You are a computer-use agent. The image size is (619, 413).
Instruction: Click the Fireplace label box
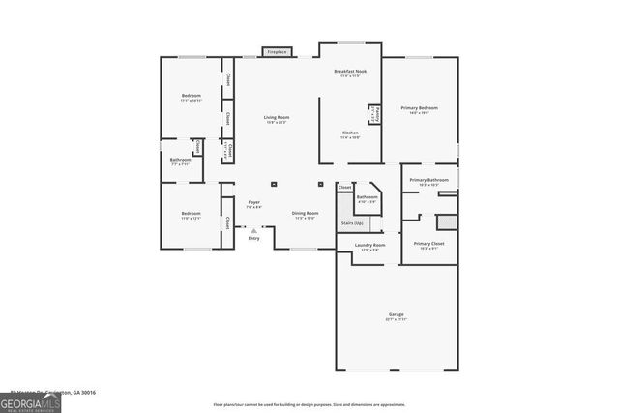(278, 51)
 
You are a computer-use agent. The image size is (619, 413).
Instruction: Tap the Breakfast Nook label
(350, 72)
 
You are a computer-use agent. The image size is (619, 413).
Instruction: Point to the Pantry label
(377, 114)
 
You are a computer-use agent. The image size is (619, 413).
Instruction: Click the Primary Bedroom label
(422, 108)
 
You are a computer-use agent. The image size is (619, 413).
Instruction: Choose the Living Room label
(278, 118)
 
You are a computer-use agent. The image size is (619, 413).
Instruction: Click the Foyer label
(253, 202)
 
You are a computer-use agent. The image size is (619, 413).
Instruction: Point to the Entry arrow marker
(253, 231)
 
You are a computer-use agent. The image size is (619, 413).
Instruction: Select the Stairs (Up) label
(353, 223)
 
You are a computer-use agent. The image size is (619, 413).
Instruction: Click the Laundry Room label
(369, 245)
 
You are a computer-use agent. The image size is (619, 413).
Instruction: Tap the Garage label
(397, 315)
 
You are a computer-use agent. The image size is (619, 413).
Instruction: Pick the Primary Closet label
(428, 244)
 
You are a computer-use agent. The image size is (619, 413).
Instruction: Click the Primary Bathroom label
(428, 180)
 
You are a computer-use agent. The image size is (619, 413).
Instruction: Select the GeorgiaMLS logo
(31, 403)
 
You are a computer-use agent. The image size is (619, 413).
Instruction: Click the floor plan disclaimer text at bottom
(309, 404)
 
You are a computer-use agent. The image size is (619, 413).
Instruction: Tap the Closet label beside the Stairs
(344, 187)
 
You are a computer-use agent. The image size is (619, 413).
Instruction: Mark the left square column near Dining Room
(273, 182)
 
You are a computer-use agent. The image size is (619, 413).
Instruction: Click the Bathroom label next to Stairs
(367, 197)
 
